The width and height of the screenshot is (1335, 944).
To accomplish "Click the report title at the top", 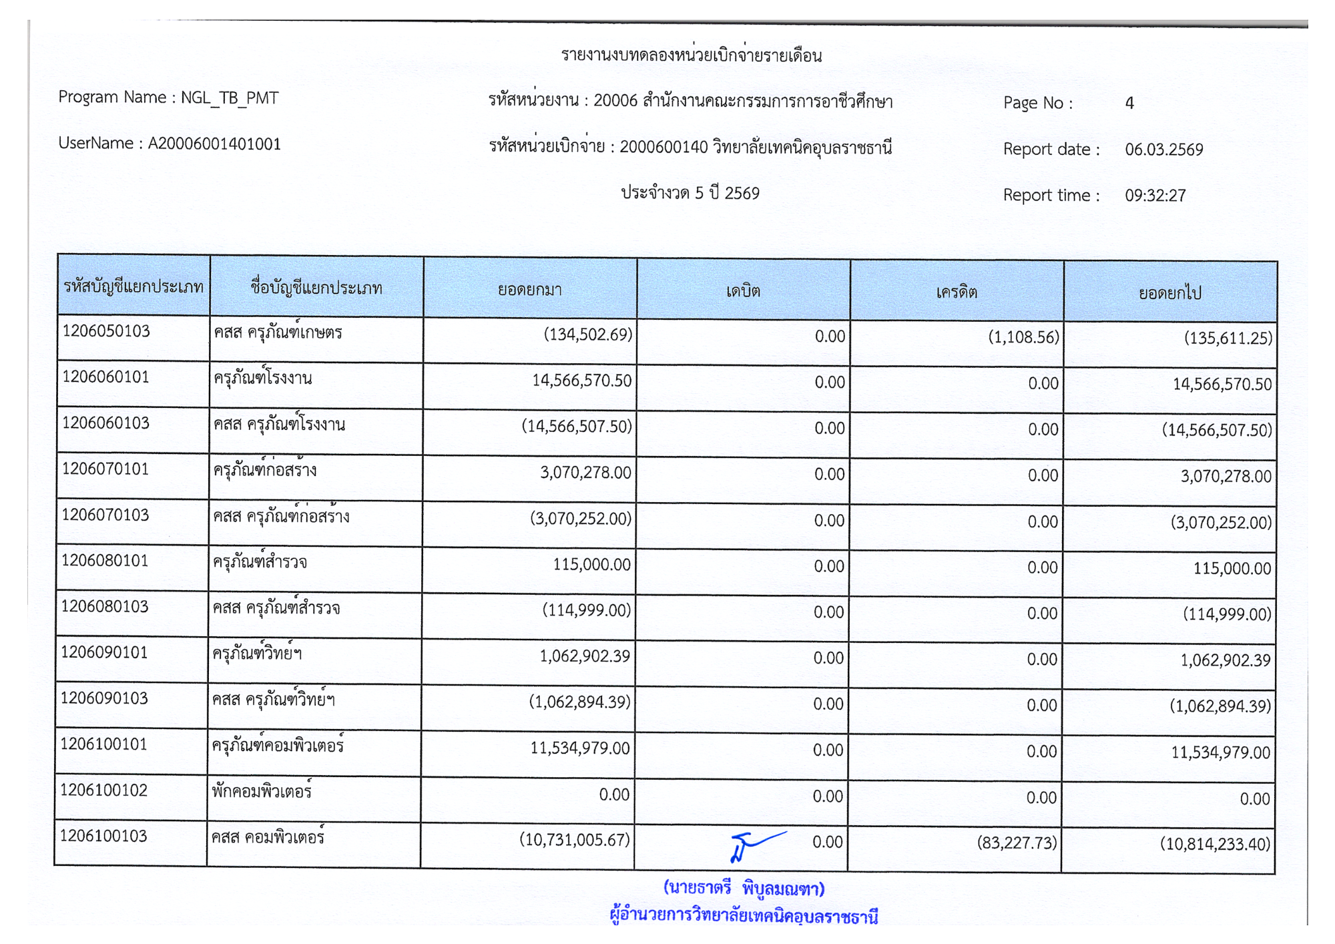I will (691, 55).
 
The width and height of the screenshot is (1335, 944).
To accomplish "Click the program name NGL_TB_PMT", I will (230, 98).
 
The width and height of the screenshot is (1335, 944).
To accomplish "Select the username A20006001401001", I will (214, 144).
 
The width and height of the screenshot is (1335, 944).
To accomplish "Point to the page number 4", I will (1129, 103).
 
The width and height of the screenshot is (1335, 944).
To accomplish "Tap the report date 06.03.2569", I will (1163, 150).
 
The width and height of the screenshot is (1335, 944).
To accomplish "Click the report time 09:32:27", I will (1155, 196).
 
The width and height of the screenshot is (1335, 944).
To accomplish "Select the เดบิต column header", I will (743, 291).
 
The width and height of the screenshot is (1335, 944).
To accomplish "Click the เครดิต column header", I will (957, 292).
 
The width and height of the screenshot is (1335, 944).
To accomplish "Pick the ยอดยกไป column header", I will (1169, 293).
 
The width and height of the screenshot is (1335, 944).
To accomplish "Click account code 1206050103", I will (106, 332).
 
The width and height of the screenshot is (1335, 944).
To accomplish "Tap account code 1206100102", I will (103, 790).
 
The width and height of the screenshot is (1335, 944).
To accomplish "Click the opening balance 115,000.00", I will (591, 565).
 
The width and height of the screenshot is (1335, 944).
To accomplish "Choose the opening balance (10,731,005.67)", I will (575, 840).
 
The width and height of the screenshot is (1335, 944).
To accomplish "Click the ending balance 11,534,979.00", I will (1220, 753).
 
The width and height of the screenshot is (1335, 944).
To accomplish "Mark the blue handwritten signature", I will (754, 846).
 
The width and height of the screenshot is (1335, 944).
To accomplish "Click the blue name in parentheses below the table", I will (744, 889).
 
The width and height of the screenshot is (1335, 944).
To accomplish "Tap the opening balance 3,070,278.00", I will (585, 473).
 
